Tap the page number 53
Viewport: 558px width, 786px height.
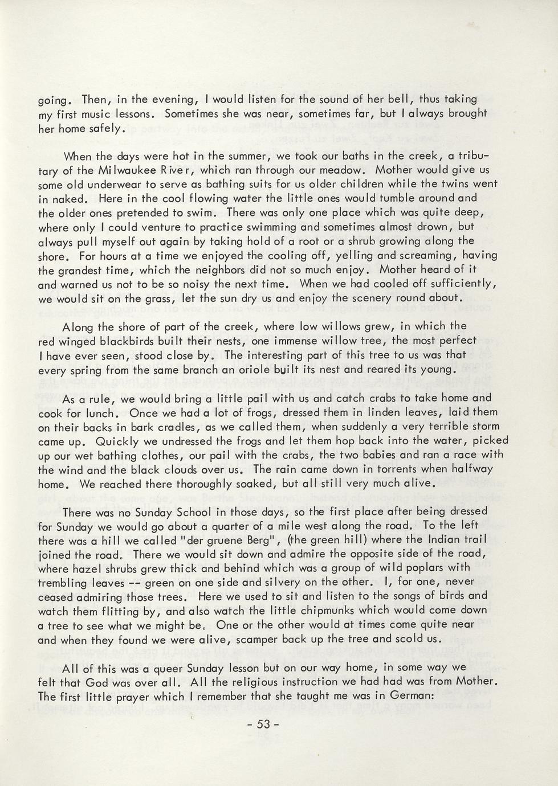(x=263, y=724)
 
